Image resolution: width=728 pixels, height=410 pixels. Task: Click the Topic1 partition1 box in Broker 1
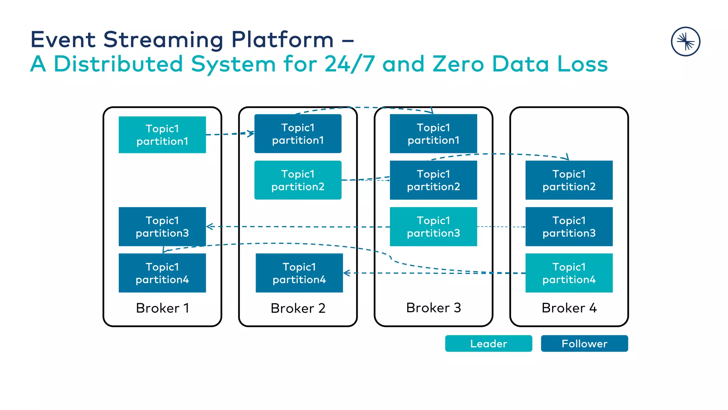[162, 135]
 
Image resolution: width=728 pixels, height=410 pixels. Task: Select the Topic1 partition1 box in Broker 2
[298, 134]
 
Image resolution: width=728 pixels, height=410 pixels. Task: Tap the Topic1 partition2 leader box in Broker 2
[298, 180]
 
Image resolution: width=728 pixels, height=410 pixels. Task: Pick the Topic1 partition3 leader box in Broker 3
[433, 227]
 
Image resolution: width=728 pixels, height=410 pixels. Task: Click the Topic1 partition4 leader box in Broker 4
[569, 273]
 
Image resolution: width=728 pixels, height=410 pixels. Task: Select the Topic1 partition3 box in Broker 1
[162, 227]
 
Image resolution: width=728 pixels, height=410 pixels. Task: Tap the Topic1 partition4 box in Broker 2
[299, 273]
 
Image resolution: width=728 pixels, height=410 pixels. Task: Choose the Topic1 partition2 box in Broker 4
[569, 180]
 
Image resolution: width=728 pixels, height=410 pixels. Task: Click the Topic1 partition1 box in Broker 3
[433, 134]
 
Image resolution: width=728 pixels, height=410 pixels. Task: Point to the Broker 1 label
[162, 308]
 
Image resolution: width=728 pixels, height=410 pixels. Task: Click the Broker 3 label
[433, 308]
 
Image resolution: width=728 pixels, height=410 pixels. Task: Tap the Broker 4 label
[569, 308]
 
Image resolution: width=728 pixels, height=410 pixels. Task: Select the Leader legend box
[488, 343]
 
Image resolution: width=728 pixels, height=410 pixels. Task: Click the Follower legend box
[584, 343]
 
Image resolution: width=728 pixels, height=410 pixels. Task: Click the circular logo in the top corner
[685, 42]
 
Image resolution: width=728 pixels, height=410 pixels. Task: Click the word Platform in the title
[283, 40]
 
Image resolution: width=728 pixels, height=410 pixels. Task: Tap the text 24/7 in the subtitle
[350, 64]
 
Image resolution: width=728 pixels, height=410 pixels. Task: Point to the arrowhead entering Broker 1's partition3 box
[209, 227]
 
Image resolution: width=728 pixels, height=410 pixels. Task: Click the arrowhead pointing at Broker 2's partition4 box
[347, 273]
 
